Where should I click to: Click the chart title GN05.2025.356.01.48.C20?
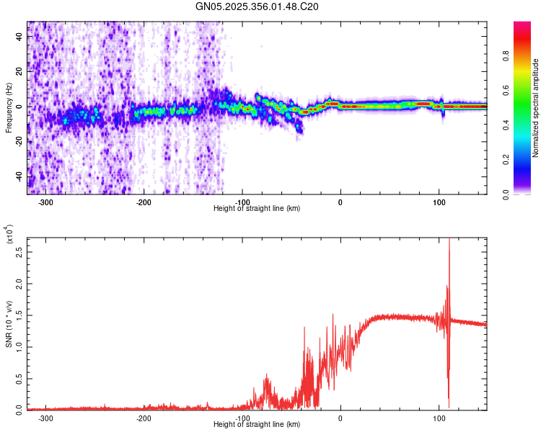point(258,7)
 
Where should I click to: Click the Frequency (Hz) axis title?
point(9,108)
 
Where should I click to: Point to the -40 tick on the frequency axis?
point(18,176)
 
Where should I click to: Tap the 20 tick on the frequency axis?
point(19,72)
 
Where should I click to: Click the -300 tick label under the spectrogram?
point(46,202)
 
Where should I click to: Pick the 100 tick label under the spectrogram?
point(439,202)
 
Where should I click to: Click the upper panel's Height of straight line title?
point(258,208)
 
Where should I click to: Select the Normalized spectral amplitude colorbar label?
point(536,108)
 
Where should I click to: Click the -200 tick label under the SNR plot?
point(144,418)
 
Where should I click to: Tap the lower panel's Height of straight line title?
point(258,424)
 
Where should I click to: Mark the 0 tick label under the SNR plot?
point(340,418)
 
